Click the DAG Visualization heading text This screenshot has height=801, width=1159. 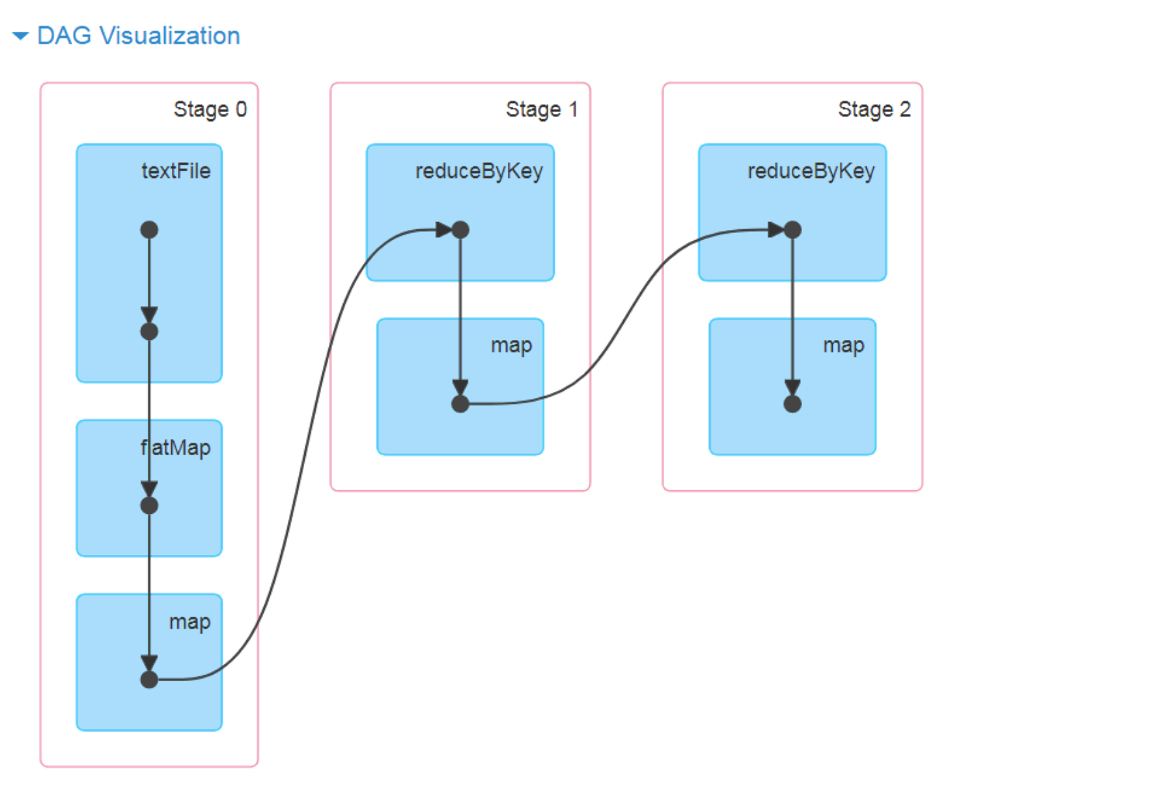pos(138,36)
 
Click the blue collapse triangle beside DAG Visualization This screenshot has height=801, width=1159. pos(20,36)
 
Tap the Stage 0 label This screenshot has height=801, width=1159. pos(210,109)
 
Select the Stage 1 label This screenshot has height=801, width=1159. pos(542,109)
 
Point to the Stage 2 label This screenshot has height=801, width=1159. pos(874,109)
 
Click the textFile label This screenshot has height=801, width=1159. pos(176,171)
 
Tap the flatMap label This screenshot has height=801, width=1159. pos(176,448)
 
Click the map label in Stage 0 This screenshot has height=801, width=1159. pos(189,622)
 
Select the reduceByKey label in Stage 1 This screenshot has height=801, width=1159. pos(479,171)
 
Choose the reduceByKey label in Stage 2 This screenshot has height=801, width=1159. pos(811,171)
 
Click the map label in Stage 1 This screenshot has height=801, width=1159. pos(511,345)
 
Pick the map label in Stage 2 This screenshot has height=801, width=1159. pos(843,345)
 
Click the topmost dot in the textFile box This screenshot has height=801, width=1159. pos(149,230)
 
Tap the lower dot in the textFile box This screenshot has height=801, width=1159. pos(149,331)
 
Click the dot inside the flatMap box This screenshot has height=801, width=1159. pos(149,505)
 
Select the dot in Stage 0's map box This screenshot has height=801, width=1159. pos(149,680)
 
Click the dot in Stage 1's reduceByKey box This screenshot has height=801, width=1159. pos(460,230)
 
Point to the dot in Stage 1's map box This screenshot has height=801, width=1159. pos(460,404)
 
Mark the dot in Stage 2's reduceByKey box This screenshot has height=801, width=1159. pos(792,230)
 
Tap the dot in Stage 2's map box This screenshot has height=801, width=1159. pos(792,404)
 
